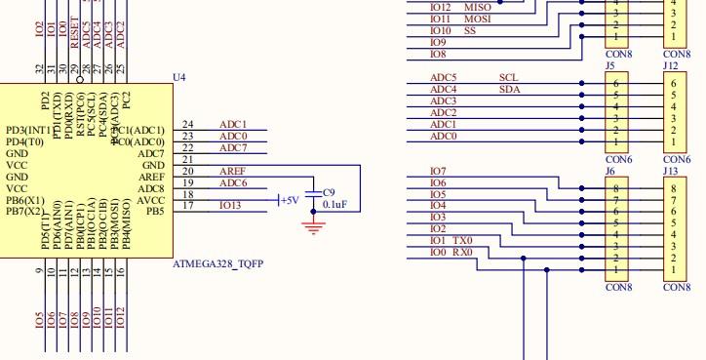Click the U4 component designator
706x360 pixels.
(177, 76)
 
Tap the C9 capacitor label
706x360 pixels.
(329, 192)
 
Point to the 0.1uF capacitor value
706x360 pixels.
(334, 205)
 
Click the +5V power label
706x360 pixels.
(289, 200)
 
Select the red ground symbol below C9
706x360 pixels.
(313, 228)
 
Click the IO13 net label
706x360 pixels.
(230, 205)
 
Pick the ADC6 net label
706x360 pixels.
(232, 183)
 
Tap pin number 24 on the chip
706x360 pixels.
(188, 125)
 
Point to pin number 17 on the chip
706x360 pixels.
(188, 205)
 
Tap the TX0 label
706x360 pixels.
(463, 240)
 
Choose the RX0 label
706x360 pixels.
(462, 252)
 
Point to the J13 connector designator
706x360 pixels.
(669, 170)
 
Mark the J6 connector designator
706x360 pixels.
(609, 170)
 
